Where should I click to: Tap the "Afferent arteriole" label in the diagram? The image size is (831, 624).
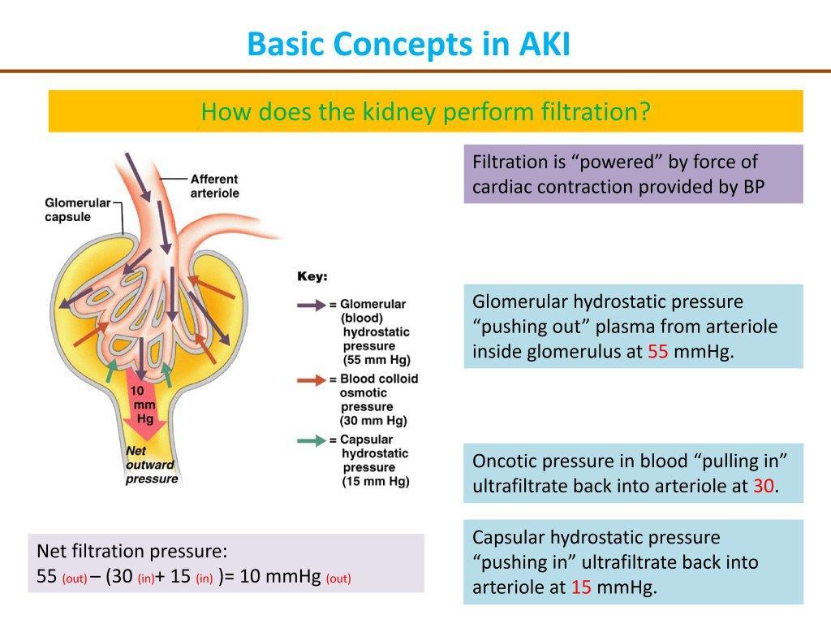[214, 186]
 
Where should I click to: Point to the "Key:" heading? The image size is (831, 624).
[312, 277]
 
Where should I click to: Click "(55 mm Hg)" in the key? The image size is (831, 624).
[376, 360]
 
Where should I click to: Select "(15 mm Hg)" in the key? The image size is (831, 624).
[376, 481]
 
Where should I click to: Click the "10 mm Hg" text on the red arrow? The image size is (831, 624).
[144, 405]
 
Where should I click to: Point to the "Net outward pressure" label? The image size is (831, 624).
[152, 465]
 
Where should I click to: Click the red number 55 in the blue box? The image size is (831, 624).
[657, 353]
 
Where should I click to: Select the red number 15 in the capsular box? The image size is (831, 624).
[581, 587]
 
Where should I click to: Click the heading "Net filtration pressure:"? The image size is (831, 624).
[132, 552]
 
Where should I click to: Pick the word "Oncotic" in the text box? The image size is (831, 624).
[503, 461]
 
